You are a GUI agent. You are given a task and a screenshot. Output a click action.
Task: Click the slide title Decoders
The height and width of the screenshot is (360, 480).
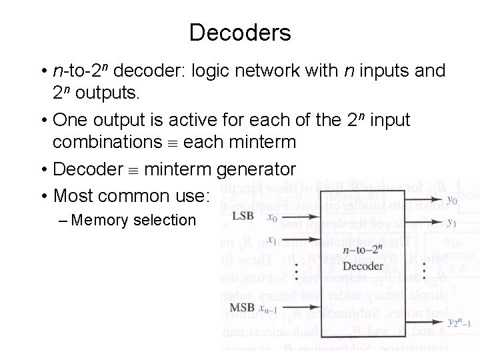(240, 32)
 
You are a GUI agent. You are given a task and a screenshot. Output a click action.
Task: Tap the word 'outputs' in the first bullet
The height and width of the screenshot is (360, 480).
(107, 93)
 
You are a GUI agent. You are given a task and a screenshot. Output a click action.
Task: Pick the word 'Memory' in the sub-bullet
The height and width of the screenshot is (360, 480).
(100, 220)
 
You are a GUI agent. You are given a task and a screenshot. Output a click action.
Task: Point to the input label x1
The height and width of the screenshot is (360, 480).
(272, 240)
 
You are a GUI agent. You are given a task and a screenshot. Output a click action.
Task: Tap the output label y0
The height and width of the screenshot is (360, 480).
(452, 199)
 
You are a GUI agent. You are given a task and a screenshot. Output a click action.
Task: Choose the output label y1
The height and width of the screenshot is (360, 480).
(452, 223)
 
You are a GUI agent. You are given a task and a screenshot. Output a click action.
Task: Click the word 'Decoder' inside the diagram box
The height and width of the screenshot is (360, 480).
(364, 266)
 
